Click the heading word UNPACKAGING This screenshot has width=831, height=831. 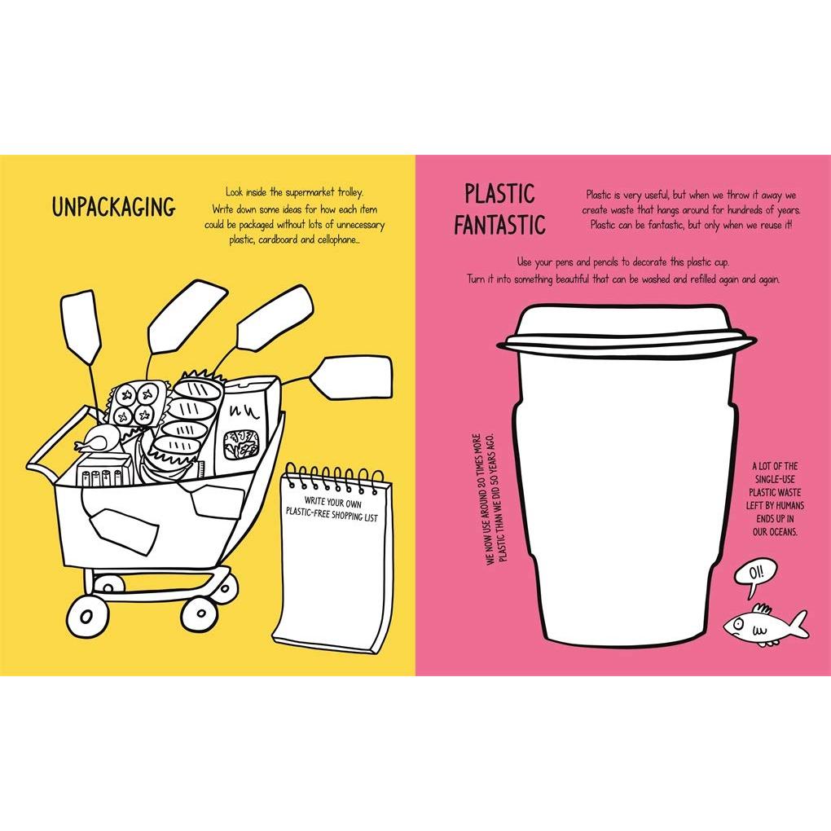(x=113, y=207)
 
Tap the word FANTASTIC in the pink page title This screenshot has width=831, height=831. (x=499, y=225)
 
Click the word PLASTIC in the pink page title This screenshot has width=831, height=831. (x=499, y=193)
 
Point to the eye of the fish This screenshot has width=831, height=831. (x=737, y=625)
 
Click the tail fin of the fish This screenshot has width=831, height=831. (x=798, y=626)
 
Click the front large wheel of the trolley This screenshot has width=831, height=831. (x=87, y=616)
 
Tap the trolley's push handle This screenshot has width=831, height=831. (x=53, y=442)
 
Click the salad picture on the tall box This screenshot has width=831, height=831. (x=241, y=444)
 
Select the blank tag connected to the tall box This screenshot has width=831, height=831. (x=351, y=377)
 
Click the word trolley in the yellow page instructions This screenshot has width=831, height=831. (x=350, y=191)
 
